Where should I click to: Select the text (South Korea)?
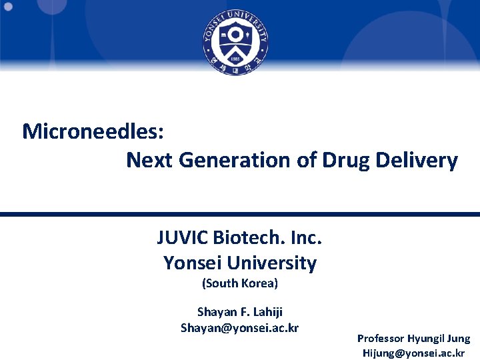[x=239, y=283]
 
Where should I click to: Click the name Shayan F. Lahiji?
[x=240, y=311]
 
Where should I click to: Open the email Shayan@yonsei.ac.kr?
[x=239, y=327]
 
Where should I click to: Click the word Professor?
[x=383, y=339]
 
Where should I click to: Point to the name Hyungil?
[x=430, y=339]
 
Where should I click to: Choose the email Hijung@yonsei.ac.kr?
[x=413, y=353]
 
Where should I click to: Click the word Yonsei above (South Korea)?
[x=191, y=263]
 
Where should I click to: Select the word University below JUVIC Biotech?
[x=269, y=263]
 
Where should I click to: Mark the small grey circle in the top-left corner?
[x=9, y=7]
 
